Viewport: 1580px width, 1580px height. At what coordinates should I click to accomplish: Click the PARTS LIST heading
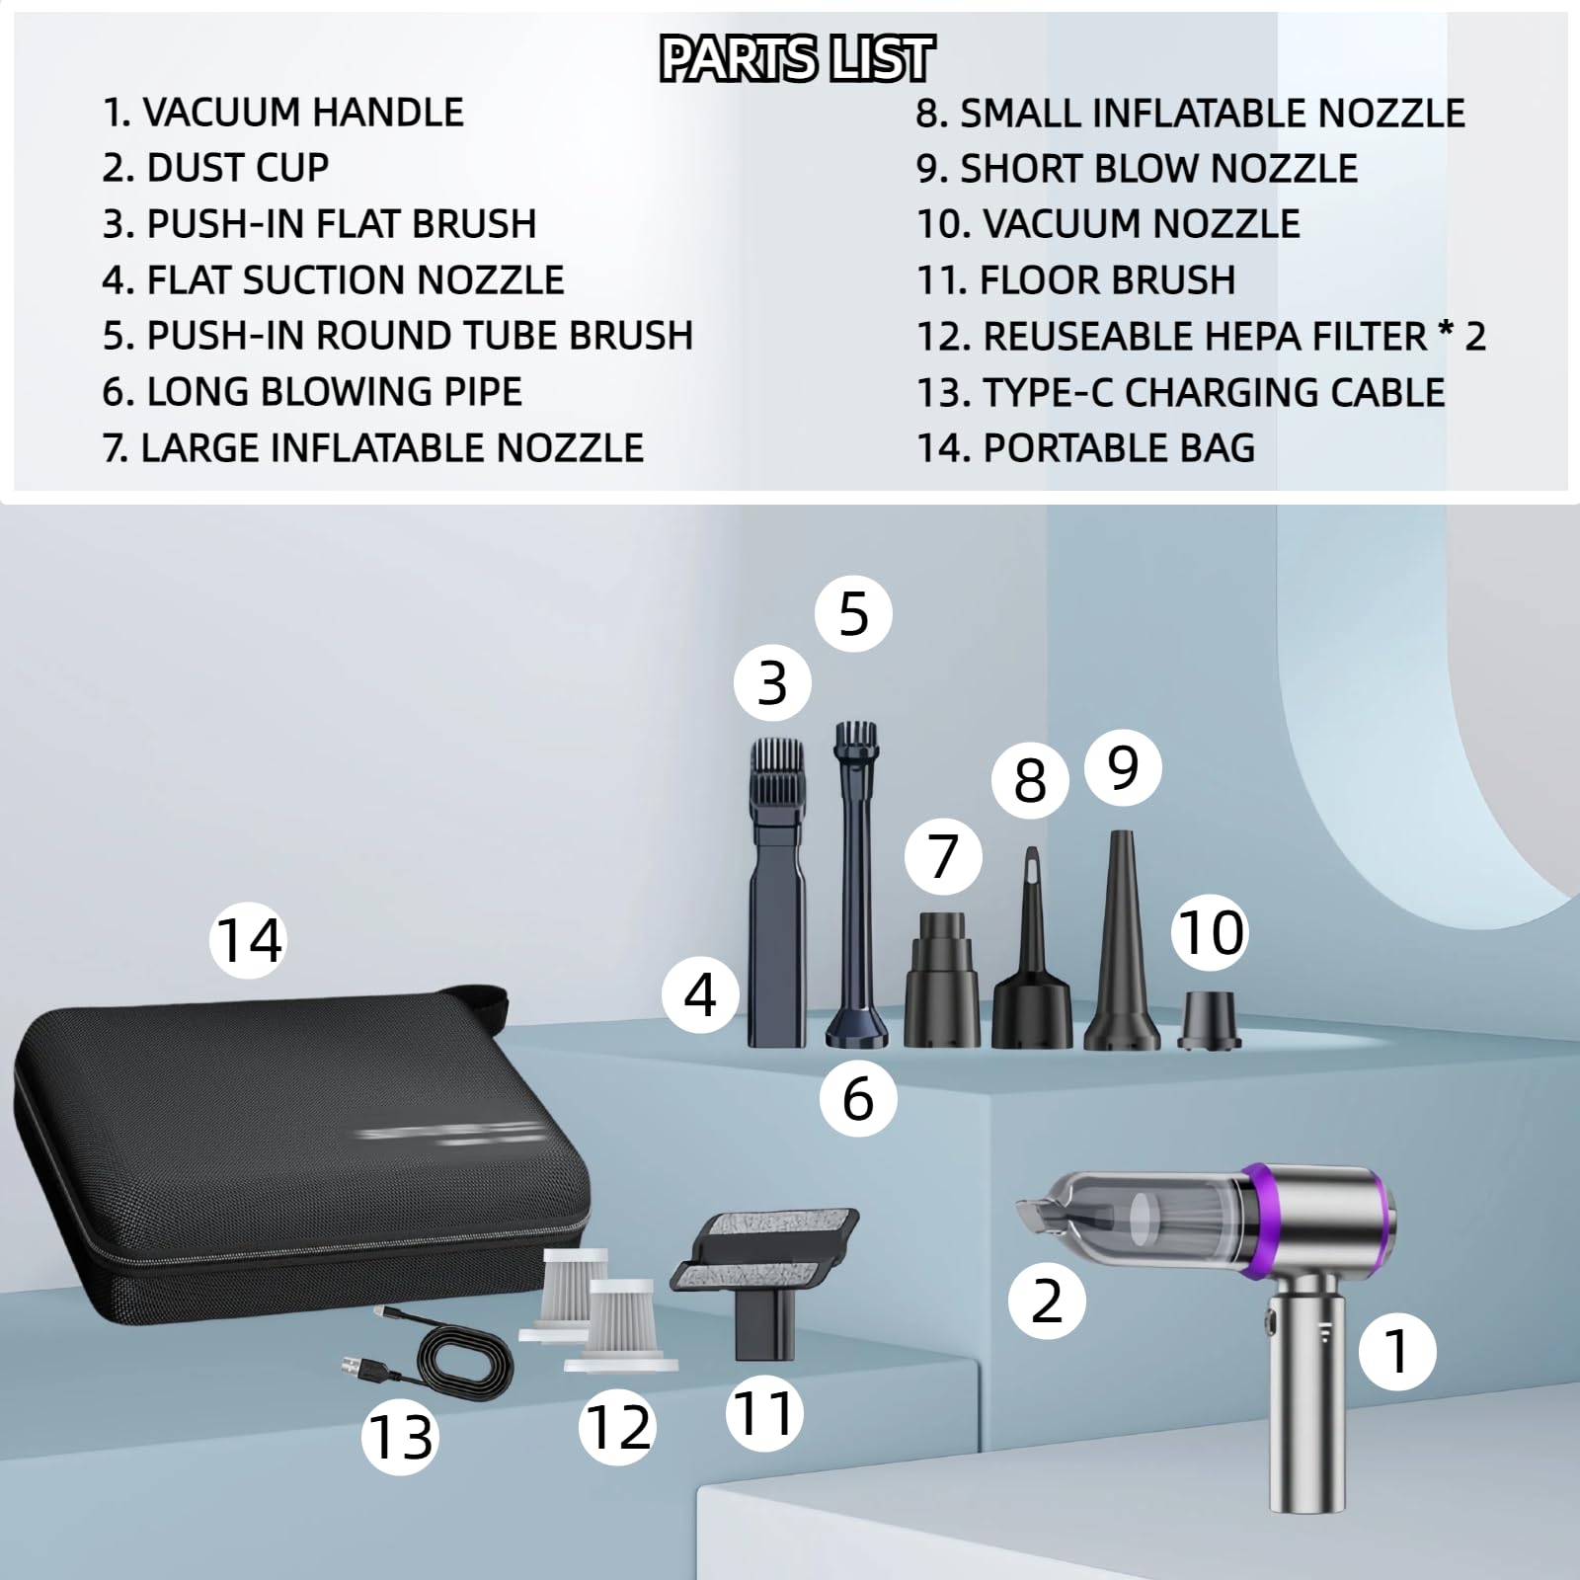(796, 58)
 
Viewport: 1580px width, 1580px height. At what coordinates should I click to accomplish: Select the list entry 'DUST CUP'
(215, 168)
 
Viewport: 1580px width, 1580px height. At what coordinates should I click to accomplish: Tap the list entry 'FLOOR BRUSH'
(1076, 280)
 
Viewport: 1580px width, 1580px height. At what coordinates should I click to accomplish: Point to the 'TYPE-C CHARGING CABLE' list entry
(1181, 392)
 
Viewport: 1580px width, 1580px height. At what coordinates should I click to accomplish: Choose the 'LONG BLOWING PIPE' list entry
(312, 392)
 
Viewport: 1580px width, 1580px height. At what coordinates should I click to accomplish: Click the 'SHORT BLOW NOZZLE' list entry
(1137, 169)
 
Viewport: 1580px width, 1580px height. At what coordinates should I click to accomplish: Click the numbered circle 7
(943, 856)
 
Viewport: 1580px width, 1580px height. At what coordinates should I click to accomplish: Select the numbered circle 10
(1211, 933)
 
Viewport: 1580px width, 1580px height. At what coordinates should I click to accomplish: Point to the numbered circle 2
(1047, 1301)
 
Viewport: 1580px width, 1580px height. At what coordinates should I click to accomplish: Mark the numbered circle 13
(400, 1436)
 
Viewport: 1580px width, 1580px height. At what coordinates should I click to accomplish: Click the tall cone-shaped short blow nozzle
(1122, 943)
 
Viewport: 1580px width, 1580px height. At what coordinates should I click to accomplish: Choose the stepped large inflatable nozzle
(942, 980)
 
